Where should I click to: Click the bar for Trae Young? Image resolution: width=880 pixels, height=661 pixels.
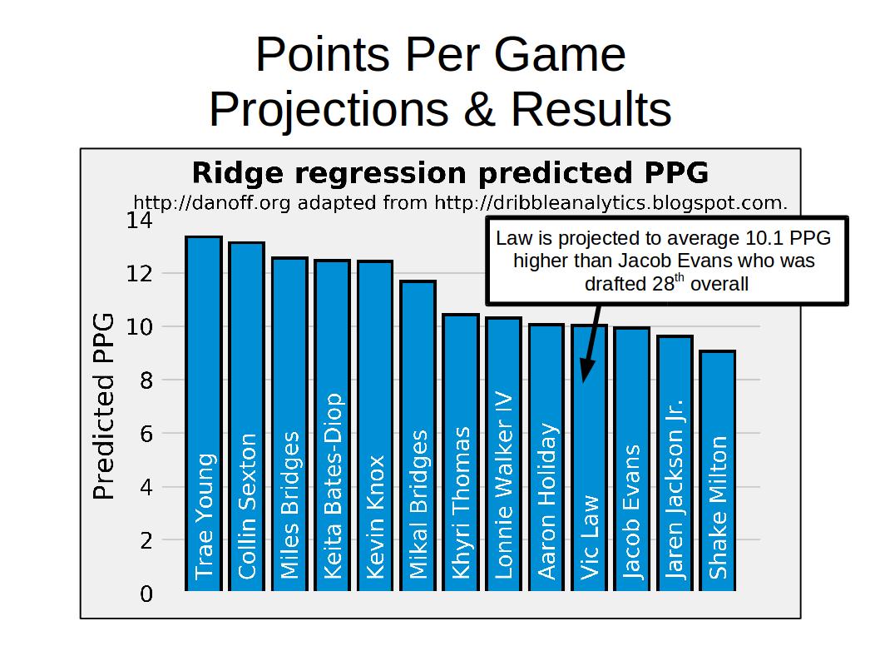204,414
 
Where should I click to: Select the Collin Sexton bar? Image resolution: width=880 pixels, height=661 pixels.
246,416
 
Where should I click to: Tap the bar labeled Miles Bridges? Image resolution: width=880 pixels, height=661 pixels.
289,424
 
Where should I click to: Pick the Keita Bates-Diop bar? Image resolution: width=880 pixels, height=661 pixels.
332,425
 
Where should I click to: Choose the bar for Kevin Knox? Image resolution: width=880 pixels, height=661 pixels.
375,425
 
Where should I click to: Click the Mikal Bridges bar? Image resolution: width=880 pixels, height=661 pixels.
418,435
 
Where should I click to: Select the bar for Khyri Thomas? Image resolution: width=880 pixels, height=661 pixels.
461,452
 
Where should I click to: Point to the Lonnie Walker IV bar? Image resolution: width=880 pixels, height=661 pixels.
504,454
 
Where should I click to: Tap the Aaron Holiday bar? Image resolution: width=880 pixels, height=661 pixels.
546,457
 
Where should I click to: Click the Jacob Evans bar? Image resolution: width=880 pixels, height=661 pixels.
632,459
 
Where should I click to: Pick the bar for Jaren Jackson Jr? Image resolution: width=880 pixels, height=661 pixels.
675,463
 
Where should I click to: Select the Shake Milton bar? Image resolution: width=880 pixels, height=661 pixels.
718,470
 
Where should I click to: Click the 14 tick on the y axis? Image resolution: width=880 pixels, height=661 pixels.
139,220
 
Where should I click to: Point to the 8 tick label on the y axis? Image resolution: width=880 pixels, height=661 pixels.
146,380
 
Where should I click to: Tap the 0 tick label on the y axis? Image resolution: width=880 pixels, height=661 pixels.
146,594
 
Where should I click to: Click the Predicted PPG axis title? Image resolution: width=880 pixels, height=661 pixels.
104,406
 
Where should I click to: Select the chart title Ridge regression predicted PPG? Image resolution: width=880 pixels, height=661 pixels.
450,173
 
